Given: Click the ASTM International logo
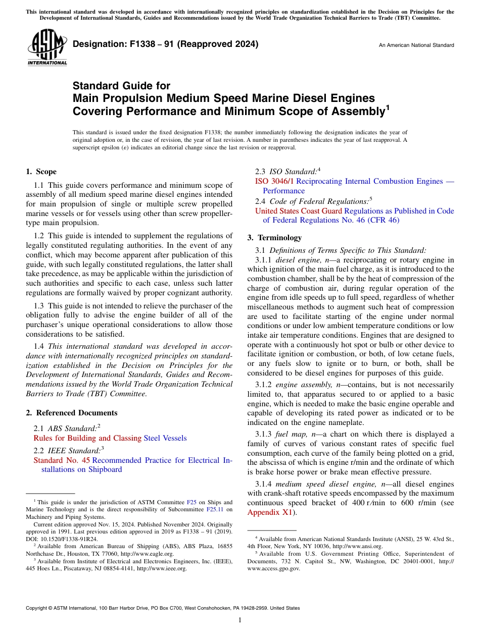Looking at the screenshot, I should coord(47,47).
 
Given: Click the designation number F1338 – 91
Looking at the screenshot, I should coord(132,44).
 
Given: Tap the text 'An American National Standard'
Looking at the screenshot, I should coord(416,45).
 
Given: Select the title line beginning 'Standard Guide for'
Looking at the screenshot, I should coord(122,86).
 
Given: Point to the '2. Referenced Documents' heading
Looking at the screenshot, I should coord(71,413).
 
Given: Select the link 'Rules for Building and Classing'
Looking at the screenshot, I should coord(87,438).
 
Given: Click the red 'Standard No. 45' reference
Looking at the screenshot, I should coord(62,460).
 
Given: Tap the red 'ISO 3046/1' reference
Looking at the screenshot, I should coord(275,181).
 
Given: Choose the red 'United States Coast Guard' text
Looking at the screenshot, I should coord(298,211).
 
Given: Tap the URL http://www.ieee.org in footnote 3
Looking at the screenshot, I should coord(162,568).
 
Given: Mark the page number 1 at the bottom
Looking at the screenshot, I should coord(240,620).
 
